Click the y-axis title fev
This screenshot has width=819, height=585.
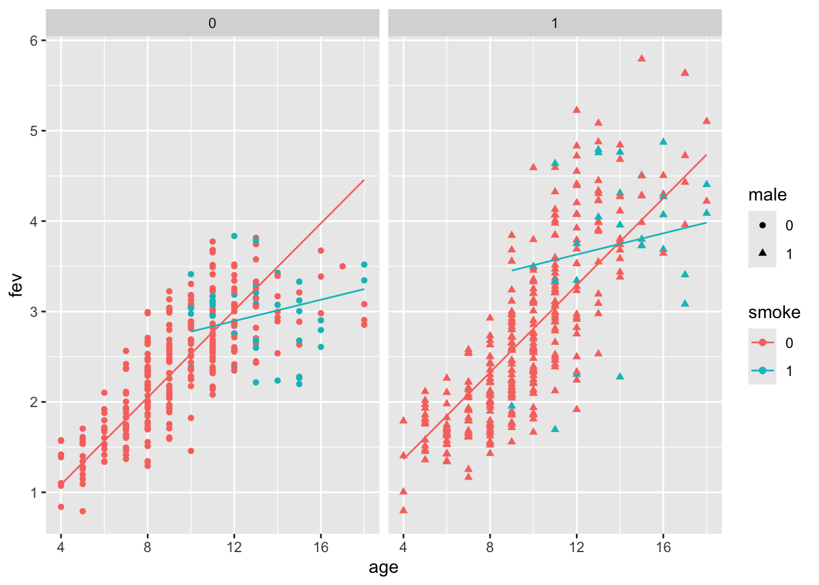point(16,285)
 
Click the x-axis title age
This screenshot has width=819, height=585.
point(383,568)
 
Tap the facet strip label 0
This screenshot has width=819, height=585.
point(212,24)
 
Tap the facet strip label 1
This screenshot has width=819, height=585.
point(555,24)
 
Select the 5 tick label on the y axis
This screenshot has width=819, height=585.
point(34,131)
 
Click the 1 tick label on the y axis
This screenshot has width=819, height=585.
point(34,492)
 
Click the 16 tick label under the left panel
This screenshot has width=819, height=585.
point(321,547)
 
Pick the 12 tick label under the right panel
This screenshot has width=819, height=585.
point(576,547)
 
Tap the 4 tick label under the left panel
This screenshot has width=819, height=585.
point(61,547)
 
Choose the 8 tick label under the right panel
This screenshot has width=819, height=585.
point(490,547)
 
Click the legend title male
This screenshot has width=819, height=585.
point(767,195)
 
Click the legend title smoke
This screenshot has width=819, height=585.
point(774,313)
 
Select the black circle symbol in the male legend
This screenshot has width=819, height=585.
point(762,225)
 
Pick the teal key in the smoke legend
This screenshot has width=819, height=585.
point(762,370)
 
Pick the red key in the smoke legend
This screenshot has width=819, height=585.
point(762,342)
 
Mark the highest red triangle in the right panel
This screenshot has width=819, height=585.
point(642,58)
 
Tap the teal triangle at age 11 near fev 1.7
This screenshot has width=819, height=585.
point(555,429)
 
